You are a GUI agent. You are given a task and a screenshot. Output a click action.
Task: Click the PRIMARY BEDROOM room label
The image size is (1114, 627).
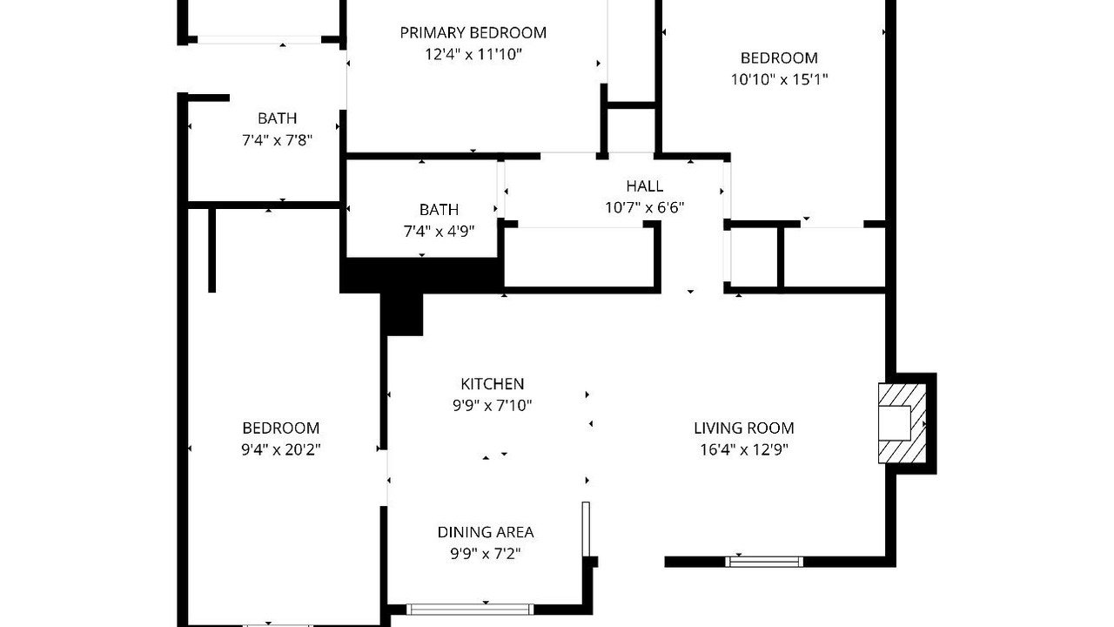473,33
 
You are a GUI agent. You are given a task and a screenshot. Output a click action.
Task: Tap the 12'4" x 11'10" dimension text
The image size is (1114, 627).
473,54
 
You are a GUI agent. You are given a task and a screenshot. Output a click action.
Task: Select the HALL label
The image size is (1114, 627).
645,186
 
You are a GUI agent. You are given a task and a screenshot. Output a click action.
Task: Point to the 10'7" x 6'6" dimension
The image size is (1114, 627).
645,207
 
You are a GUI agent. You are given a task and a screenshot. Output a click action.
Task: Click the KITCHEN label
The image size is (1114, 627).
493,384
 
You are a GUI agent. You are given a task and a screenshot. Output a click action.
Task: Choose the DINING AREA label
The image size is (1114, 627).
486,532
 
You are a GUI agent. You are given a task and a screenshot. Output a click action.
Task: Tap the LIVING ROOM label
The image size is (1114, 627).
744,428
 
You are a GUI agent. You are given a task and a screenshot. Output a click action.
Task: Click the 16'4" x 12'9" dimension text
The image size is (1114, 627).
744,450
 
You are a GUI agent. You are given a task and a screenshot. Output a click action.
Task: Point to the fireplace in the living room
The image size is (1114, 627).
903,423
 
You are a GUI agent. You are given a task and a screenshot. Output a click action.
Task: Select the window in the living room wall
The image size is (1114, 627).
764,562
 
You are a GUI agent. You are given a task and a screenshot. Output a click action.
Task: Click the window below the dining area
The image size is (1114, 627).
470,610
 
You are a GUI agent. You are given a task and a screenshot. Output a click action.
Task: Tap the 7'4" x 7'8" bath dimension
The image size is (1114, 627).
277,140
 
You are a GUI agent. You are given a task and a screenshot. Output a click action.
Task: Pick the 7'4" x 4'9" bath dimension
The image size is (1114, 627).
439,232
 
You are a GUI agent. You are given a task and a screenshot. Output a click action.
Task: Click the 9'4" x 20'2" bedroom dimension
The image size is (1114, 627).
281,450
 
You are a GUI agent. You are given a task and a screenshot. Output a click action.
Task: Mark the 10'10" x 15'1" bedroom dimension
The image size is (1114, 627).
779,79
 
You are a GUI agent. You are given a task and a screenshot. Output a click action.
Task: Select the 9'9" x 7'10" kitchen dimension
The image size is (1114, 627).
493,406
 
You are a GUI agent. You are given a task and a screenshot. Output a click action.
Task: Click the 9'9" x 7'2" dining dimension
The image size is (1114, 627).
486,554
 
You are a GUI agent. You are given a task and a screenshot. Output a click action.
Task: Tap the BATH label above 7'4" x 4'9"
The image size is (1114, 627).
439,210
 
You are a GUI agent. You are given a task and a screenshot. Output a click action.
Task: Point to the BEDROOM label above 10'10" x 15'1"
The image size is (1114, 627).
779,58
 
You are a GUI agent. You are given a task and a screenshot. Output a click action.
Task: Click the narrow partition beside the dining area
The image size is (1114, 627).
586,529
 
